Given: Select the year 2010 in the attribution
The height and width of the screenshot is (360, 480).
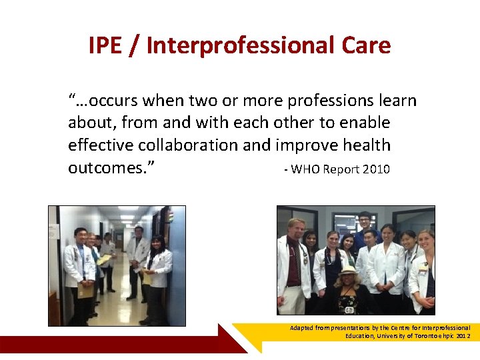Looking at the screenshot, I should (x=377, y=169).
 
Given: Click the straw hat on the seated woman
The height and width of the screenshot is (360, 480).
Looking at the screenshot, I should (x=347, y=271).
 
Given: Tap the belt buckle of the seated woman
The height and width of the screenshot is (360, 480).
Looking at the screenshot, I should (x=349, y=309).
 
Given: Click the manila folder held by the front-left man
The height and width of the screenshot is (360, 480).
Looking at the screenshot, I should (x=85, y=290).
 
